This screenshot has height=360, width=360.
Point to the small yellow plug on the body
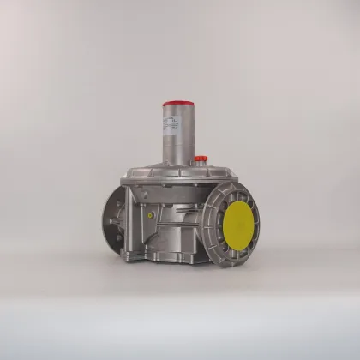click(152, 218)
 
